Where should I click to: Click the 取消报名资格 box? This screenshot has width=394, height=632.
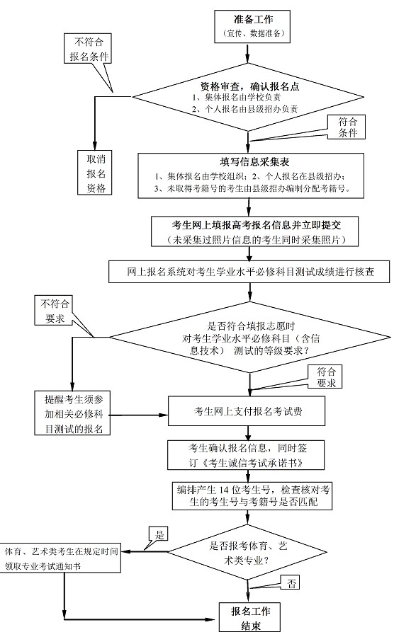pos(96,171)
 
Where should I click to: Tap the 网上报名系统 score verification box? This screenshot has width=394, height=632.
pos(251,271)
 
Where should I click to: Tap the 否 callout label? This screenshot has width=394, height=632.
pos(292,582)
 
